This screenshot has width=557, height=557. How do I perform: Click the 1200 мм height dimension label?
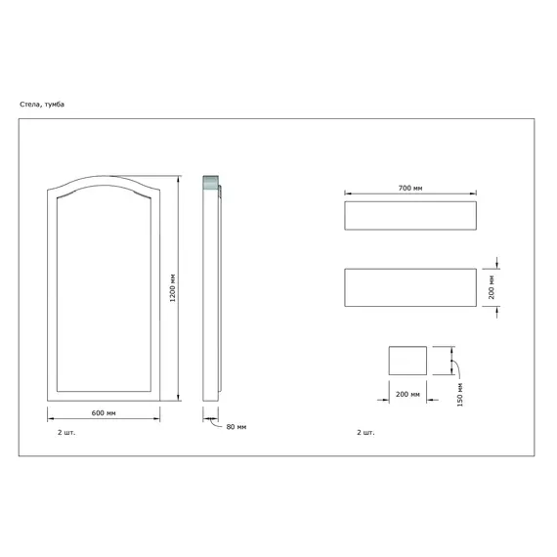coord(173,288)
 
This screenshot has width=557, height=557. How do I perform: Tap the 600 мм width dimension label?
coord(104,413)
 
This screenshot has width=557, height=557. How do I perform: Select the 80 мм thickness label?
coord(236,427)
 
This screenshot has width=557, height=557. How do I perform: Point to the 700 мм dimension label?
coord(410,188)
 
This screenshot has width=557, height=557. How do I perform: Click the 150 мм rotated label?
coord(459,395)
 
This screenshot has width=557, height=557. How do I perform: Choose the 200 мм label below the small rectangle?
coord(407,395)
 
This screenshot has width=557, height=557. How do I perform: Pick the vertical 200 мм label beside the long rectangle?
coord(492,287)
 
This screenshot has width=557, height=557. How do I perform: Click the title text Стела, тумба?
coord(42,105)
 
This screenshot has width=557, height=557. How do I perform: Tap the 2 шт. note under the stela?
coord(66,432)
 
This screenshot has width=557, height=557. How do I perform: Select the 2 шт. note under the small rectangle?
coord(365,432)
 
